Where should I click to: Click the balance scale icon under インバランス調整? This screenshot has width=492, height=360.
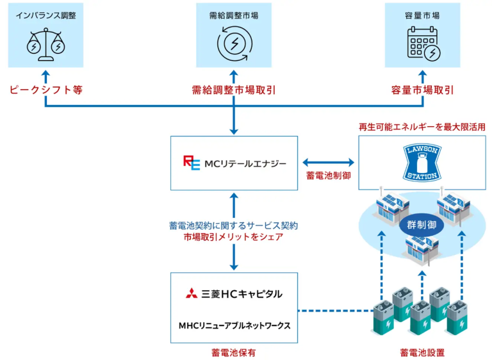pyautogui.click(x=45, y=42)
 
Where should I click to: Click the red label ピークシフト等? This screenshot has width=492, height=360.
pyautogui.click(x=45, y=90)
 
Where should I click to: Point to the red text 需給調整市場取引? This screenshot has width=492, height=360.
pyautogui.click(x=233, y=90)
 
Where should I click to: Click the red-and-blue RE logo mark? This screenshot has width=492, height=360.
pyautogui.click(x=192, y=162)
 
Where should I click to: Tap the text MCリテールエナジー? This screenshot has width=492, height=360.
pyautogui.click(x=246, y=163)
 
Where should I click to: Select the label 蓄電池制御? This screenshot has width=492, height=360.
pyautogui.click(x=328, y=176)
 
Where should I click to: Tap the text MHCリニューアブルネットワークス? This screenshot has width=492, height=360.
pyautogui.click(x=234, y=325)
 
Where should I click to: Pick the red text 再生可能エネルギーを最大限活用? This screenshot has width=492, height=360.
pyautogui.click(x=422, y=127)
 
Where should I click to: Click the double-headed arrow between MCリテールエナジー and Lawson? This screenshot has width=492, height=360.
pyautogui.click(x=328, y=162)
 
